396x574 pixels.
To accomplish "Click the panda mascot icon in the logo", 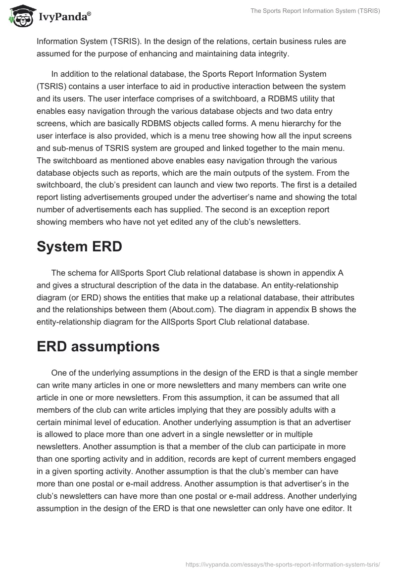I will click(x=19, y=16).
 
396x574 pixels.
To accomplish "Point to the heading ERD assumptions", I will click(x=98, y=347).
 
